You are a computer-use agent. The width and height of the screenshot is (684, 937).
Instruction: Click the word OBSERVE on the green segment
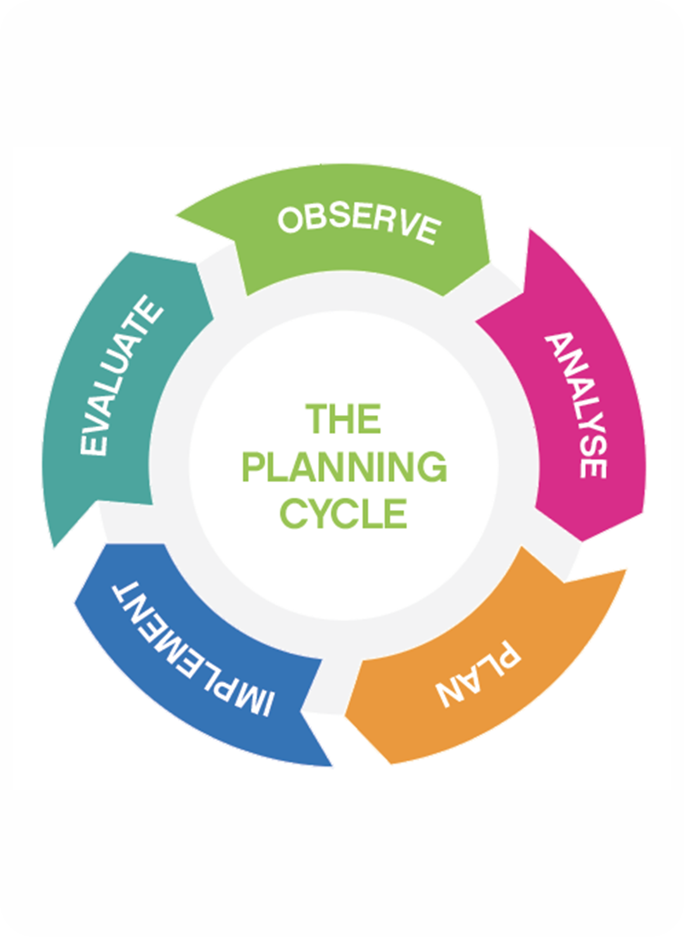tap(358, 224)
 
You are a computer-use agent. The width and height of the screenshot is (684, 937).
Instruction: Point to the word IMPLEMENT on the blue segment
tap(193, 649)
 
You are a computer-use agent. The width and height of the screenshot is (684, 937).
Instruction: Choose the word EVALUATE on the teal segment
tap(120, 375)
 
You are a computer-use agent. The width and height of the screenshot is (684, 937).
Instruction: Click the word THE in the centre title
tap(343, 419)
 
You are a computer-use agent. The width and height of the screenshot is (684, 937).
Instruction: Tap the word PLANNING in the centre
tap(344, 467)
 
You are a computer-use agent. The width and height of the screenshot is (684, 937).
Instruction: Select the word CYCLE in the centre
tap(343, 513)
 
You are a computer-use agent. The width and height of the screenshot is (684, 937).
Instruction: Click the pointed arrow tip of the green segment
tap(177, 217)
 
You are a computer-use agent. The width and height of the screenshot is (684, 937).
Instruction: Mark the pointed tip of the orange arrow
tap(626, 570)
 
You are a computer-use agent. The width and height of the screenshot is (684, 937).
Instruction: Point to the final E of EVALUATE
tap(151, 308)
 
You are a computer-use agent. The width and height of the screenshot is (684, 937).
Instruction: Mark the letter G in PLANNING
tap(431, 467)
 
